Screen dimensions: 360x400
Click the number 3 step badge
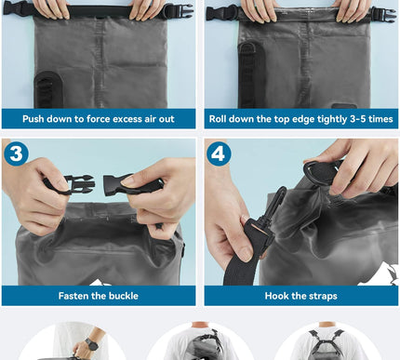tap(16, 153)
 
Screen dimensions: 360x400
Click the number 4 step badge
tap(220, 153)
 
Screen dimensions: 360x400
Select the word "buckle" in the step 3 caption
tap(121, 296)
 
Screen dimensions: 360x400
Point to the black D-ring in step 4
tap(324, 171)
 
